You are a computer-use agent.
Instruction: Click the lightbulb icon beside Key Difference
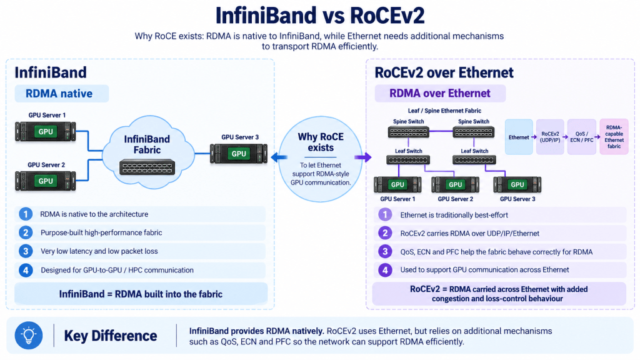point(29,336)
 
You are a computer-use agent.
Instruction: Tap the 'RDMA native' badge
point(62,94)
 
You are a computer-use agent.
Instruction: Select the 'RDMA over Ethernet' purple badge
point(440,93)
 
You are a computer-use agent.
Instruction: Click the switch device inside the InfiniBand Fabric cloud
point(147,167)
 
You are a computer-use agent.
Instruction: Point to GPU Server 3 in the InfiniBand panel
point(239,154)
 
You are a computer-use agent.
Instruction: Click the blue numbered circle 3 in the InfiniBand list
point(26,251)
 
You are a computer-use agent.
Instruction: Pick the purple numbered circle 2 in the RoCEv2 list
point(385,233)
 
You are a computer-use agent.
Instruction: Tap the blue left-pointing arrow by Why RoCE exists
point(279,157)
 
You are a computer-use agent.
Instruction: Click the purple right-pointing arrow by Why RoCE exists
point(363,157)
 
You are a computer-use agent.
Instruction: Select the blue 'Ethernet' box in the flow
point(519,137)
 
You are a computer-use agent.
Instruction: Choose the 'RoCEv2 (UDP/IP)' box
point(550,137)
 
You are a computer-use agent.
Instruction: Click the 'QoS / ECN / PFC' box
point(582,137)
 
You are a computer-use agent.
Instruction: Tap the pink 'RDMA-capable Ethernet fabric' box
point(614,137)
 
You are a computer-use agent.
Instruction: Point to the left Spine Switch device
point(408,132)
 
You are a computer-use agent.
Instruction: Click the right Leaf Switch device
point(474,160)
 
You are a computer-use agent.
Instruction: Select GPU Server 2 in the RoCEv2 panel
point(455,184)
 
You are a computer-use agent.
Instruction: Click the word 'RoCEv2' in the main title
point(387,16)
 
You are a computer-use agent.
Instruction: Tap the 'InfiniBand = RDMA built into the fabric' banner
point(141,294)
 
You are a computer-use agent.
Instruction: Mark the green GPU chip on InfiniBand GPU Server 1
point(46,131)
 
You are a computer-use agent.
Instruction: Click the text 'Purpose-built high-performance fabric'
point(101,232)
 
